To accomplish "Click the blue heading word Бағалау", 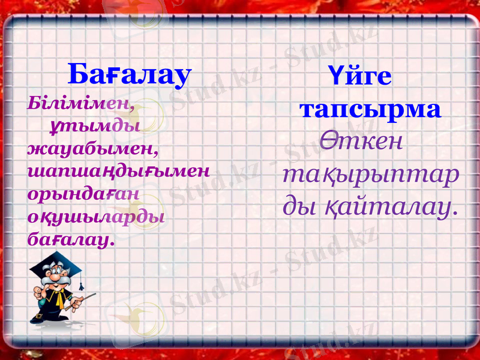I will pos(129,74).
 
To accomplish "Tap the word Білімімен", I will pos(80,103).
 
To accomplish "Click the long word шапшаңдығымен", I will pos(118,171).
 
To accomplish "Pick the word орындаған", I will pos(83,194).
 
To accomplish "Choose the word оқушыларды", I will pos(95,217).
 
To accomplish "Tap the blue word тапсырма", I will pos(371,109).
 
